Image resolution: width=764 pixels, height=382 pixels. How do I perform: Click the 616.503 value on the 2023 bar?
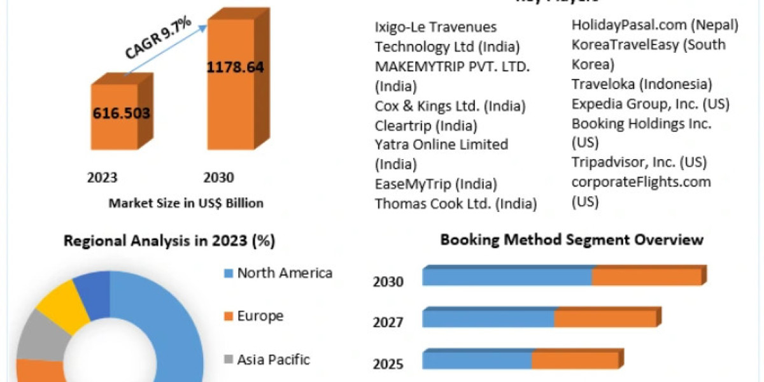click(122, 113)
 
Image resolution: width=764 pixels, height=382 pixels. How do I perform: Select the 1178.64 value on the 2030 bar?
click(235, 67)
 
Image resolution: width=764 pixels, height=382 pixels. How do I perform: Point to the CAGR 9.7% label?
click(158, 39)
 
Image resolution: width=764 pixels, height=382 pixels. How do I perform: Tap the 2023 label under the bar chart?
click(102, 178)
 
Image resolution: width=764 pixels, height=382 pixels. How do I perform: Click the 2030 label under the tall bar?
click(218, 178)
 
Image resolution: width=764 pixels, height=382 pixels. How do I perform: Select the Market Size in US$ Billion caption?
click(186, 203)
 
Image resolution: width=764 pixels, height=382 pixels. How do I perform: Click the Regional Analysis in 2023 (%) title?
click(169, 241)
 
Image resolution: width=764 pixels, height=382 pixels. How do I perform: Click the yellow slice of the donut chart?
click(62, 304)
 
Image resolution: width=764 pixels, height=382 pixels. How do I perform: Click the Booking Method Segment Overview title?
click(572, 239)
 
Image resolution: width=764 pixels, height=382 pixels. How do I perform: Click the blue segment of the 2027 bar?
click(488, 318)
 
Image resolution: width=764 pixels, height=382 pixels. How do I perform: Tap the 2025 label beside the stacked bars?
click(388, 364)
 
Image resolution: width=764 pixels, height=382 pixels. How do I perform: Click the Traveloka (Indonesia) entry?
click(642, 84)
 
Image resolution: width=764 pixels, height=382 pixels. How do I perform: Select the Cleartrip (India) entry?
click(426, 125)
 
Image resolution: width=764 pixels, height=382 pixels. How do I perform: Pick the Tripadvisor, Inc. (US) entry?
click(639, 162)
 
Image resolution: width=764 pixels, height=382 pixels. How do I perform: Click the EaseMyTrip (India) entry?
click(435, 184)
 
